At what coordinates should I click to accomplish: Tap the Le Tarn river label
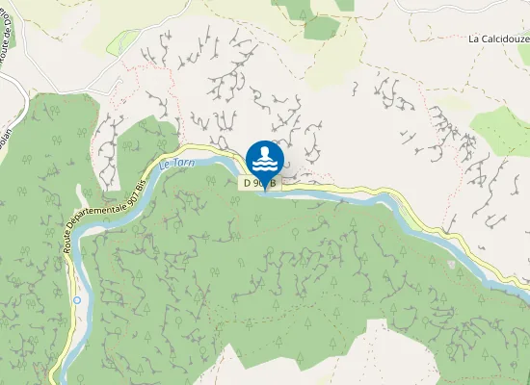(x=177, y=165)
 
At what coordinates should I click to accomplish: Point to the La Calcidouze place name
(x=498, y=39)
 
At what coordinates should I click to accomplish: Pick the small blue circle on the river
(x=76, y=300)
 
